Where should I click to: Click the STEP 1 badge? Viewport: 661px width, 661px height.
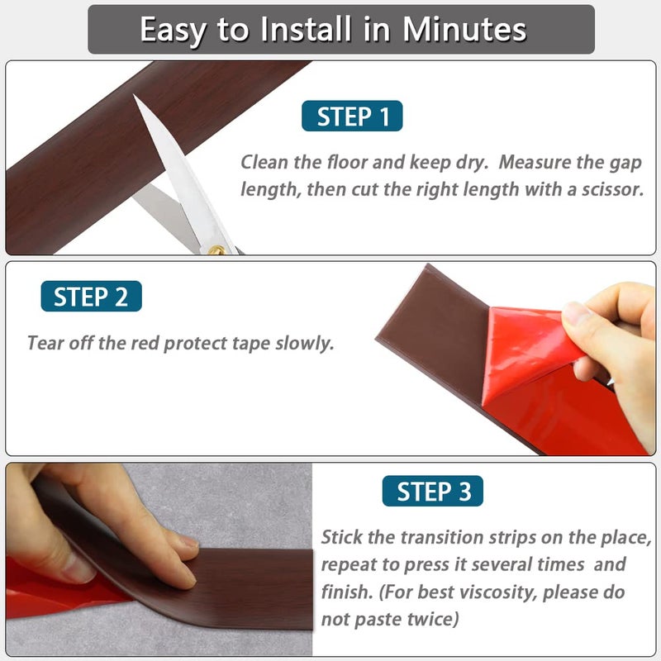tap(352, 116)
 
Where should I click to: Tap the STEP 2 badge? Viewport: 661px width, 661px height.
tap(91, 296)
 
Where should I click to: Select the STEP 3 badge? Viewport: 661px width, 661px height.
tap(432, 491)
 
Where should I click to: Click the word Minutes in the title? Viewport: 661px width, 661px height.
tap(464, 30)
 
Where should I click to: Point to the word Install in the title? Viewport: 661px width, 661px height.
tap(306, 29)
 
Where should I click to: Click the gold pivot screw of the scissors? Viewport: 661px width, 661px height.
tap(216, 251)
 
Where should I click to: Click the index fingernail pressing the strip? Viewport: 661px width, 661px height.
tap(190, 541)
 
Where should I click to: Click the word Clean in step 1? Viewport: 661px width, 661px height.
tap(264, 162)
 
